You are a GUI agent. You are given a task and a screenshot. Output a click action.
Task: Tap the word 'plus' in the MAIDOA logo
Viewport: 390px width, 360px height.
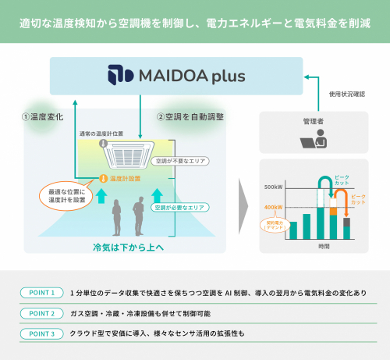pyautogui.click(x=225, y=77)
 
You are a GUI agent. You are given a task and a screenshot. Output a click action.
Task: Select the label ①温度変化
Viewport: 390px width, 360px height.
pyautogui.click(x=41, y=116)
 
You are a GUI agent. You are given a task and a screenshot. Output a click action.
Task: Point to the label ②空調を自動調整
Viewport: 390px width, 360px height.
pyautogui.click(x=190, y=116)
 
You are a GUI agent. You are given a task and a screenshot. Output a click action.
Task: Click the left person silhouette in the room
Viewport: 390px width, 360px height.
pyautogui.click(x=118, y=218)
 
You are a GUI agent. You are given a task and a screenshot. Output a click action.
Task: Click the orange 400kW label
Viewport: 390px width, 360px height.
pyautogui.click(x=274, y=206)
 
